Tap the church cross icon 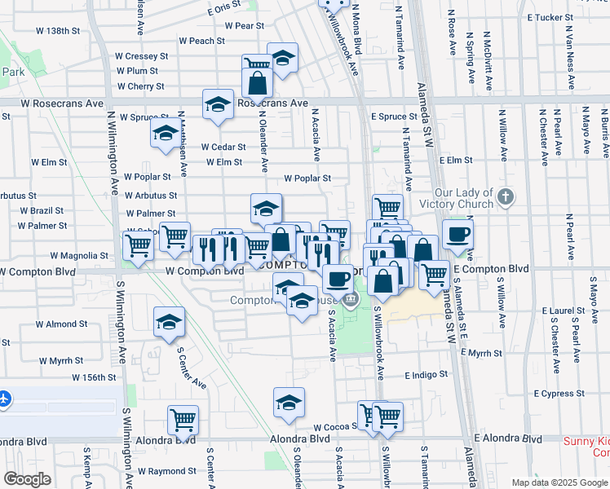click(506, 196)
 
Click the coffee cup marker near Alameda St click(457, 235)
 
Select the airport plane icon click(5, 399)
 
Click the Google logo click(28, 479)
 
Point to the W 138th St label click(58, 31)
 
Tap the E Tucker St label click(550, 17)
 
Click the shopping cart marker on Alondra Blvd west click(183, 420)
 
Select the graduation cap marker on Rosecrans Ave click(218, 104)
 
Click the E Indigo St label click(427, 375)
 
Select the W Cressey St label click(141, 56)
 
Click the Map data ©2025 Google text click(559, 482)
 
